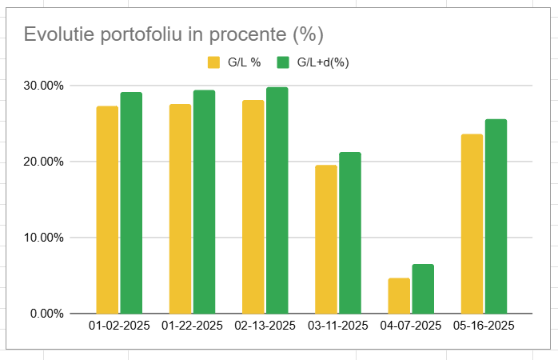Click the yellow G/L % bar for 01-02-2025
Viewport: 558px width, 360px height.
[107, 210]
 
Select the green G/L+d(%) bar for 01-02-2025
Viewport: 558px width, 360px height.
[131, 202]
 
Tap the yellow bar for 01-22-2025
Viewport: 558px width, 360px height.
[180, 208]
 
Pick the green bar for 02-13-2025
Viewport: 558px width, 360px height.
[277, 200]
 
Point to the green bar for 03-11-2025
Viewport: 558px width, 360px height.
[350, 232]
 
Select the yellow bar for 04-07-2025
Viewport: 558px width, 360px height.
[399, 295]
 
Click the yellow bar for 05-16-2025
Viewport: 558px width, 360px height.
[472, 223]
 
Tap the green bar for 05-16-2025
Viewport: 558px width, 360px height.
[496, 216]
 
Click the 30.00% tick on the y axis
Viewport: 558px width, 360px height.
[45, 86]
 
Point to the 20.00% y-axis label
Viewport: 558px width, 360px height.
[45, 162]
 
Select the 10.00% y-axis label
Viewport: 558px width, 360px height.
[45, 238]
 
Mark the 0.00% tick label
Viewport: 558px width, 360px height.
[48, 314]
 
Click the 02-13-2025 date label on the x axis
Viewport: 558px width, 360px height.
[265, 326]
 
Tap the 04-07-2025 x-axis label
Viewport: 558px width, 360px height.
[410, 326]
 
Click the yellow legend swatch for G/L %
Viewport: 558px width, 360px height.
[213, 62]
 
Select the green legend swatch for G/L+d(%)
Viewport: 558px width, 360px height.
[282, 62]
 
